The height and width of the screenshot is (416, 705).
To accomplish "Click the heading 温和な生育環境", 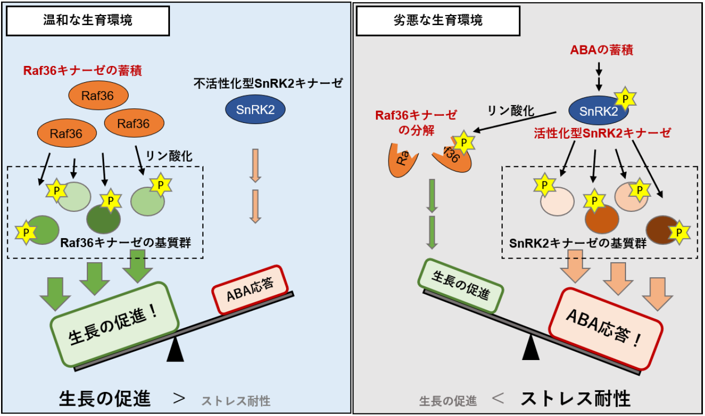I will [87, 21].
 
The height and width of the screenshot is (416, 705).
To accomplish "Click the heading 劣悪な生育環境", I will [438, 21].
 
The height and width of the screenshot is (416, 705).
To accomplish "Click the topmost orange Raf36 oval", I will [99, 95].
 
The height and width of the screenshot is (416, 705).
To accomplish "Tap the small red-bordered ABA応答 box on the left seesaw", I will [249, 289].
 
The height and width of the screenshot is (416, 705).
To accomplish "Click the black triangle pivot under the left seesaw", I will [175, 351].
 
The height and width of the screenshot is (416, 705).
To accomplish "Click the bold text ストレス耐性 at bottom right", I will [575, 399].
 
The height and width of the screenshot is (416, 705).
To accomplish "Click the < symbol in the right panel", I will [498, 399].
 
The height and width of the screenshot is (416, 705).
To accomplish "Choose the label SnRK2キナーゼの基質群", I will [577, 243].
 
